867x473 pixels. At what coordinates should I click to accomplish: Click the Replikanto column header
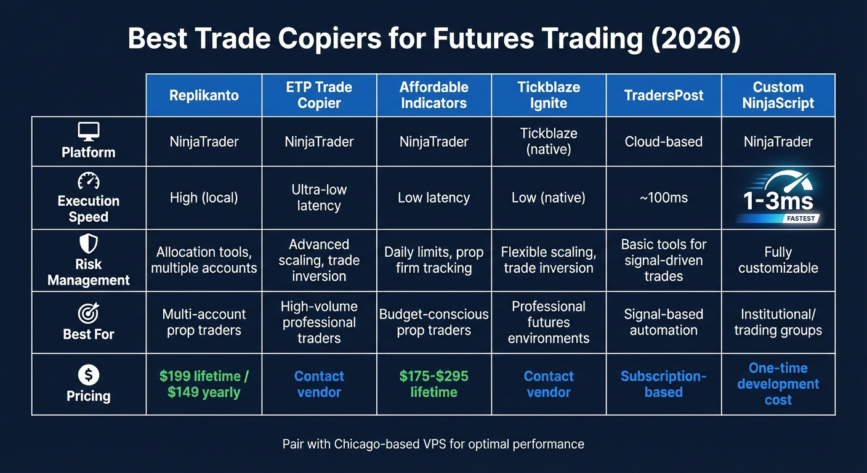point(204,95)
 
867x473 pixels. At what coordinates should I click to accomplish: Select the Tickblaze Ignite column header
point(549,95)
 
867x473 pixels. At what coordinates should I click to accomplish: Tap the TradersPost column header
point(664,95)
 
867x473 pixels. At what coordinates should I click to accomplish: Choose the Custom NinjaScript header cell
point(778,95)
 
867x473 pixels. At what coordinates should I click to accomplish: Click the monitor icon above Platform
point(89,131)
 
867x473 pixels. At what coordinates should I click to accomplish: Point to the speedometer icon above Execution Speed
point(89,180)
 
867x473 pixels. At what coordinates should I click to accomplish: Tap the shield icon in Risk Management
point(89,244)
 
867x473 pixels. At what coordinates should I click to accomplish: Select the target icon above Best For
point(89,314)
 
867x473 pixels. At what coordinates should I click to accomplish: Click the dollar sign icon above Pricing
point(89,374)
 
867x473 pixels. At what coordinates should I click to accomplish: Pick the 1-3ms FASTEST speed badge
point(778,198)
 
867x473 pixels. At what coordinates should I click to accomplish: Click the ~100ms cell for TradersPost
point(664,198)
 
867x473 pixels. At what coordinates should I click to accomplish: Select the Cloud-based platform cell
point(664,142)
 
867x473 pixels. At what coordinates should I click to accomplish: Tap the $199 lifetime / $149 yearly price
point(204,384)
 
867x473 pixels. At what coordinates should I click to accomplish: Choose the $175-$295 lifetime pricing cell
point(434,384)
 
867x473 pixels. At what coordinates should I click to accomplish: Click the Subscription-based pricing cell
point(664,384)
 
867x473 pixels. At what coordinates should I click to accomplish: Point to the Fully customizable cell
point(778,261)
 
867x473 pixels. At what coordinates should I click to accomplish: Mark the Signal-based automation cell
point(664,322)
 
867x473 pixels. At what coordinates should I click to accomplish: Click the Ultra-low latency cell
point(319,198)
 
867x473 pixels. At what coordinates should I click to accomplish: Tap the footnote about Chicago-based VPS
point(433,443)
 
